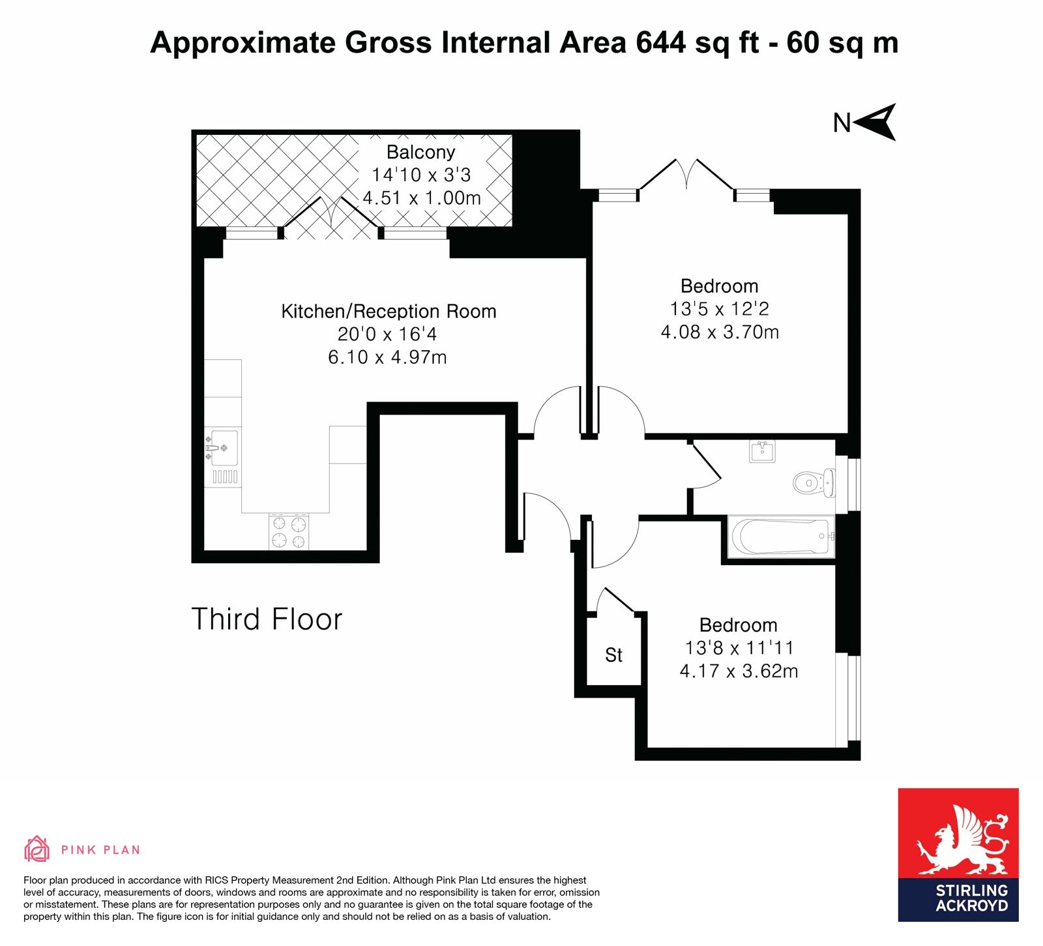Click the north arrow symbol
tap(875, 122)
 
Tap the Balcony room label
tap(420, 152)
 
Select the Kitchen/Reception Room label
tap(389, 311)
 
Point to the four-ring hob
tap(289, 531)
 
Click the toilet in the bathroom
tap(814, 482)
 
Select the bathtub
tap(781, 536)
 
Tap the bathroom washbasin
tap(762, 451)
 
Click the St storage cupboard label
tap(613, 655)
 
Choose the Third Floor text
tap(267, 619)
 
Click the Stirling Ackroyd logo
tap(958, 855)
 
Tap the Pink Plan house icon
tap(37, 849)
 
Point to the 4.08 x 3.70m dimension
tap(720, 332)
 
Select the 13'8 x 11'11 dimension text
tap(739, 648)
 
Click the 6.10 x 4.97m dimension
tap(387, 357)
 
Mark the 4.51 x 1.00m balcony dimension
tap(422, 198)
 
